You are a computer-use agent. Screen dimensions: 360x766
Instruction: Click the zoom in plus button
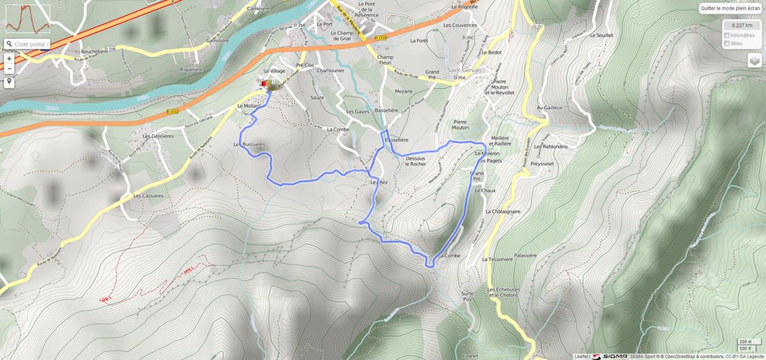point(10,58)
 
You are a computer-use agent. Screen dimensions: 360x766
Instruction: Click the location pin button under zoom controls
point(10,82)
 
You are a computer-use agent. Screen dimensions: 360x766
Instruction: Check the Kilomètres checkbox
point(727,35)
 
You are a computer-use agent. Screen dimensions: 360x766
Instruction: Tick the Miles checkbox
point(727,43)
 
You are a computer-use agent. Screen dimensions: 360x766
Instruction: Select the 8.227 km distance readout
point(742,25)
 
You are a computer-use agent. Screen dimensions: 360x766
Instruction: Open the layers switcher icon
point(755,60)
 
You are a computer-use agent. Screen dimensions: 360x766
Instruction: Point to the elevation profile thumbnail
point(27,19)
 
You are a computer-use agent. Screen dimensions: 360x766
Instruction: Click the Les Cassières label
point(148,196)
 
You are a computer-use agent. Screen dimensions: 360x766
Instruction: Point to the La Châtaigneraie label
point(503,211)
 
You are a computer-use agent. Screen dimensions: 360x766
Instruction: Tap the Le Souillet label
point(601,35)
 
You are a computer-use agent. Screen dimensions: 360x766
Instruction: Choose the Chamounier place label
point(331,71)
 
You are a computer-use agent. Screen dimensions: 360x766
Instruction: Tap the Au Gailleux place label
point(550,108)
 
